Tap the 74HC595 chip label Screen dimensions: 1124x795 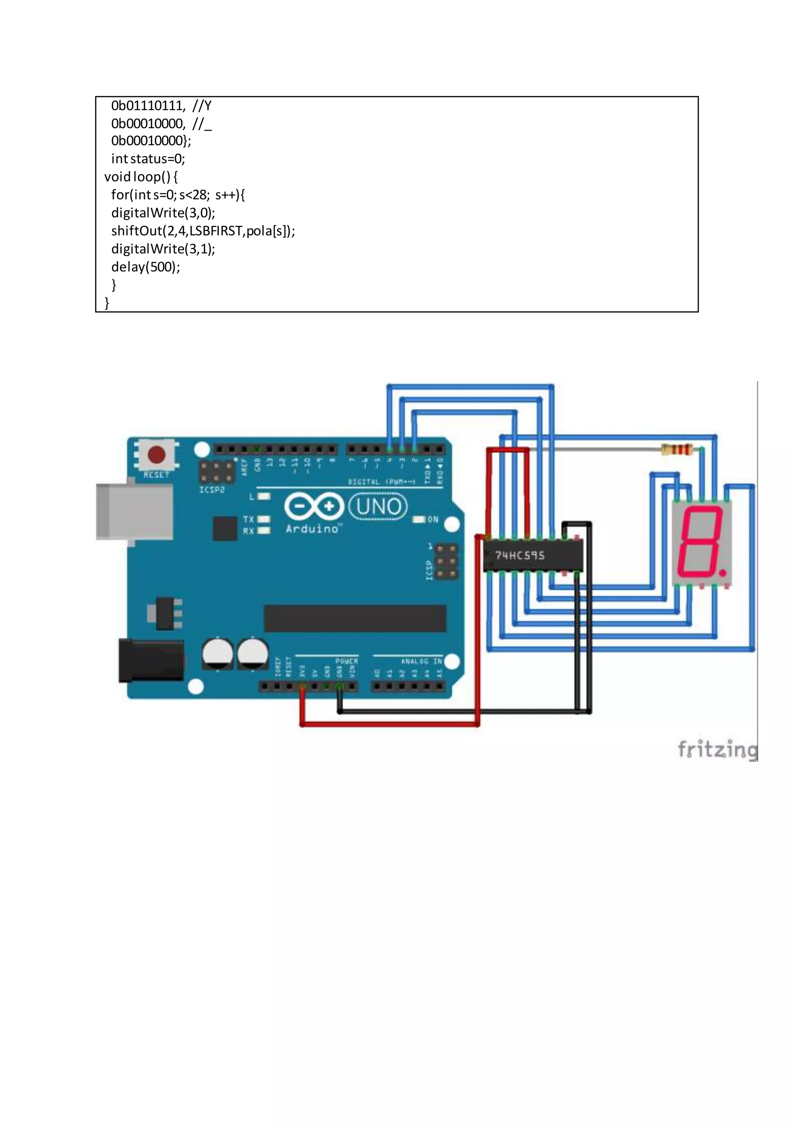point(519,555)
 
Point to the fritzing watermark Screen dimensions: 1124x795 point(717,749)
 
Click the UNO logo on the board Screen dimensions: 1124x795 point(378,506)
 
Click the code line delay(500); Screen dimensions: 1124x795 point(146,267)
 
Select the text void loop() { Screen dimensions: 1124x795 point(141,177)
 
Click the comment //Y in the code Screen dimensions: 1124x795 point(202,105)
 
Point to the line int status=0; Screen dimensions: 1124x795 point(148,159)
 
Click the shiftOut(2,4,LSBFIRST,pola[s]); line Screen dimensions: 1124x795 point(203,231)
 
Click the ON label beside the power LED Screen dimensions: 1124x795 point(433,519)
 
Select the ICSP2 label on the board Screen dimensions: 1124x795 point(212,489)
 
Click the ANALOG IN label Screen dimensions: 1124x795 point(422,661)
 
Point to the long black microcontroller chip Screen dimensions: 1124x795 point(355,618)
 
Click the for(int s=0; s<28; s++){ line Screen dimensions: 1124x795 point(178,195)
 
